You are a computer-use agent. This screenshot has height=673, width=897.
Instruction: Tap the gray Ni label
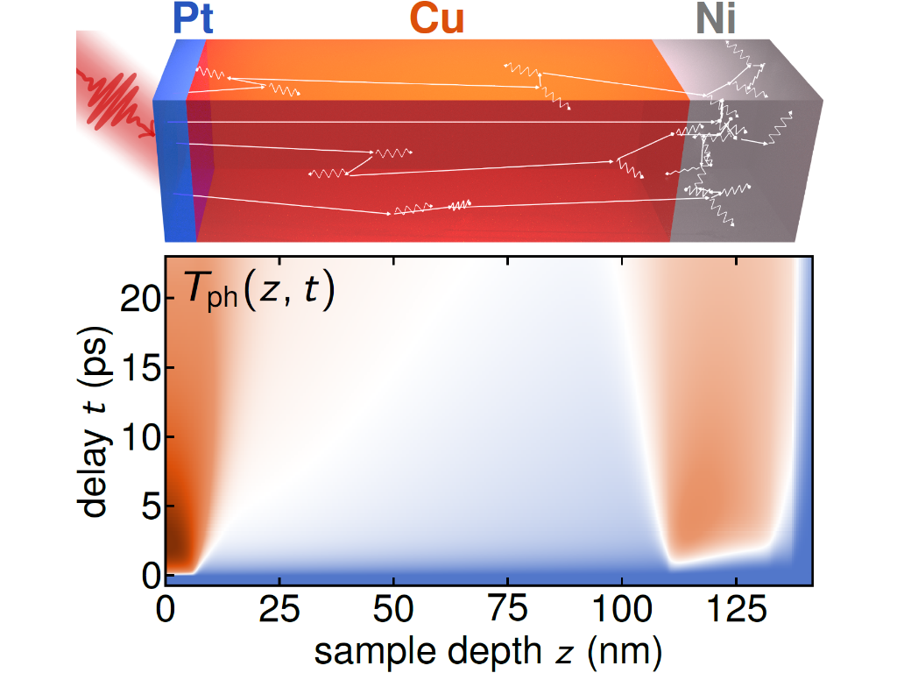716,19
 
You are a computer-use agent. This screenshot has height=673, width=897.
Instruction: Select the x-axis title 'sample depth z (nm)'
488,650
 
